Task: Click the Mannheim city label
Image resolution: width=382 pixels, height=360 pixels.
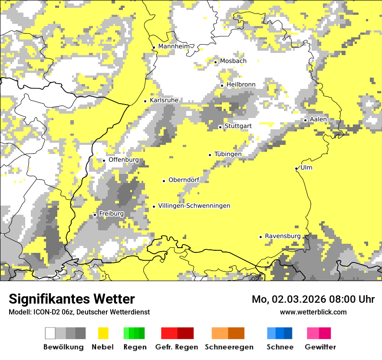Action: tap(175, 46)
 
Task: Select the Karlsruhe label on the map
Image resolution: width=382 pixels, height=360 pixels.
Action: tap(164, 100)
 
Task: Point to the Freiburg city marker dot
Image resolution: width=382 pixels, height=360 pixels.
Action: tap(95, 215)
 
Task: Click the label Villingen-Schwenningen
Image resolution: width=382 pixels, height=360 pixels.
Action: tap(194, 206)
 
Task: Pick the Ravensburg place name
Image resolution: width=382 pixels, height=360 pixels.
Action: tap(283, 236)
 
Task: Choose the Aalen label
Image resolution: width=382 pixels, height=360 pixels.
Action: tap(318, 119)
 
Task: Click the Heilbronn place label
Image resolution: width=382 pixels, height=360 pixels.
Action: tap(241, 85)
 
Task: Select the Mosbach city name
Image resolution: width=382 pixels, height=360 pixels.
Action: tap(233, 61)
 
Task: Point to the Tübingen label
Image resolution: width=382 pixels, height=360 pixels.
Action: tap(228, 154)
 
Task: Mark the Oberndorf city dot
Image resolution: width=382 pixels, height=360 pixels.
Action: tap(164, 181)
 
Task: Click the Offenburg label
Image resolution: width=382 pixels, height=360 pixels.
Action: tap(124, 160)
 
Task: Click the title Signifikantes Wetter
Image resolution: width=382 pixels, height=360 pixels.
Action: tap(72, 299)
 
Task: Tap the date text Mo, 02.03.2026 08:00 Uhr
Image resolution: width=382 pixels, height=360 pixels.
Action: tap(313, 299)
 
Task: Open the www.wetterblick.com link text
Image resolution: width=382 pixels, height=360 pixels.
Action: tap(313, 312)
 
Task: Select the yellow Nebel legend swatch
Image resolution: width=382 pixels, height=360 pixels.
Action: tap(103, 333)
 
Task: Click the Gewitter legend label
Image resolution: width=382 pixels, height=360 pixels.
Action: tap(320, 347)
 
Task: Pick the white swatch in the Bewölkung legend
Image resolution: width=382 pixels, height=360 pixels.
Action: tap(50, 333)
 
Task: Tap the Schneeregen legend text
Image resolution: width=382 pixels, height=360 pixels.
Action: tap(229, 347)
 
